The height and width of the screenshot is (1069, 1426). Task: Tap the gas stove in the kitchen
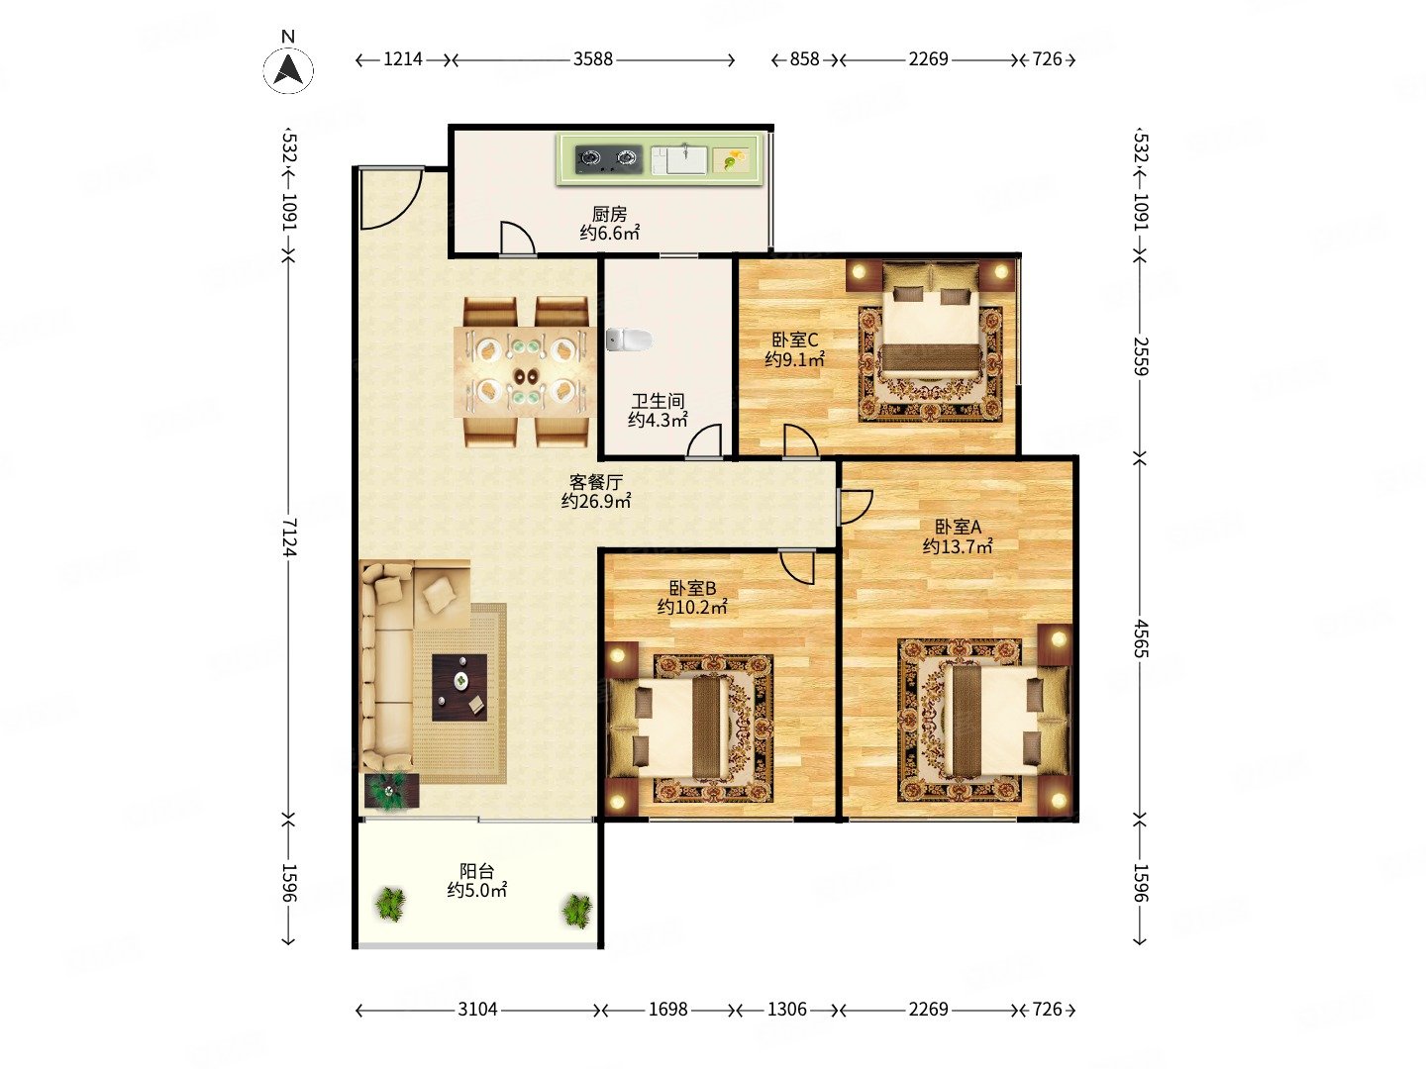point(608,159)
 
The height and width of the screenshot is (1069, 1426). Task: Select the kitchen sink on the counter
point(679,159)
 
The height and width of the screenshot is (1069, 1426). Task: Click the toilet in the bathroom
point(628,340)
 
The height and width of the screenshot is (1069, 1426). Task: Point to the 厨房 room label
point(609,214)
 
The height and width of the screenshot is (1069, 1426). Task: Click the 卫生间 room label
point(658,401)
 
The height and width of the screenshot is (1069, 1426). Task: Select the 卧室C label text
point(794,340)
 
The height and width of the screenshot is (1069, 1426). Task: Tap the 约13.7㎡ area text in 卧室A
point(957,546)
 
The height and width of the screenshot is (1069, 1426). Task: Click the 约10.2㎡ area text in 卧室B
point(692,607)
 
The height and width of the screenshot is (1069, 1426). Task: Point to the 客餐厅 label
point(596,482)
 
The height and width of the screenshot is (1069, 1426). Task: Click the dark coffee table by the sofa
point(459,687)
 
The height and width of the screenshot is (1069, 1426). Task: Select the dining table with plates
point(524,372)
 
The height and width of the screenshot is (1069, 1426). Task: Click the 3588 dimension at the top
point(592,59)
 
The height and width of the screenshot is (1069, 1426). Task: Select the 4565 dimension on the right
point(1141,638)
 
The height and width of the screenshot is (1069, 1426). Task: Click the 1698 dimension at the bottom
point(667,1010)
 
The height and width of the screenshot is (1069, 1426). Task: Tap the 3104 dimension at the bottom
point(477,1010)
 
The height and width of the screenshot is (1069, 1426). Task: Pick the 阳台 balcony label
point(477,871)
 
